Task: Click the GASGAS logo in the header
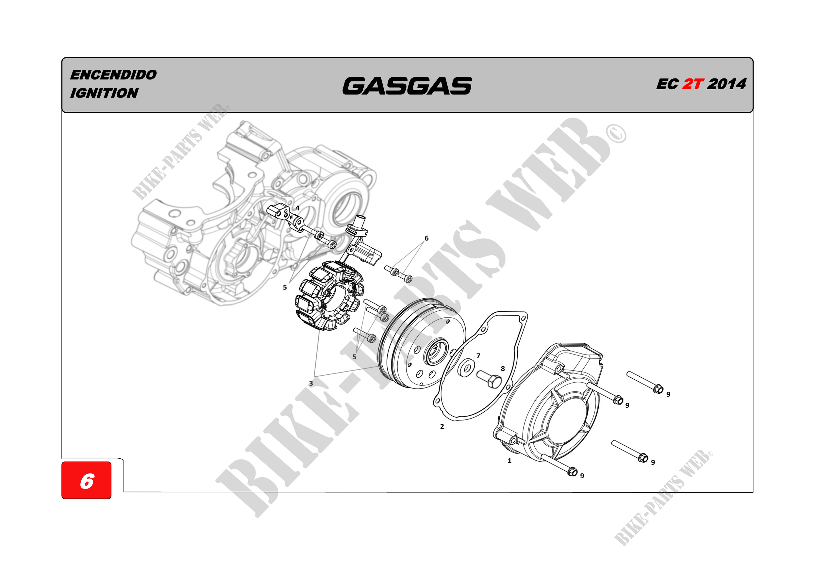(407, 86)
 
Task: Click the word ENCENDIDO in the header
(113, 75)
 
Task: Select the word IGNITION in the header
(104, 93)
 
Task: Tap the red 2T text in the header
(693, 84)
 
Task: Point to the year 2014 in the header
(726, 84)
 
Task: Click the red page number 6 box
(87, 480)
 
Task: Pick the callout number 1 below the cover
(509, 461)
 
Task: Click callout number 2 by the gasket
(442, 426)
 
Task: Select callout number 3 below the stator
(311, 384)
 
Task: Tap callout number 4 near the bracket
(297, 208)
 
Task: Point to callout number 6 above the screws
(427, 238)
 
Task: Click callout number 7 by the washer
(478, 356)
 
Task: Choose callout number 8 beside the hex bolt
(503, 369)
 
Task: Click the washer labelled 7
(466, 368)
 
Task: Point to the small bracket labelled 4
(285, 216)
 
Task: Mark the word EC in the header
(668, 84)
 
